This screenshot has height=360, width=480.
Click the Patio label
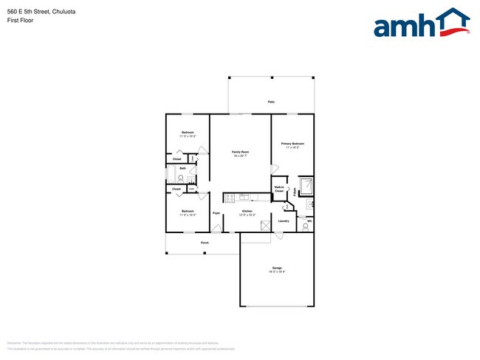271,102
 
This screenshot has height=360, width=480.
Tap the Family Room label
240,152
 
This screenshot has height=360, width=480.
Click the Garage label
276,268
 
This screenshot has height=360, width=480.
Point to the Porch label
205,243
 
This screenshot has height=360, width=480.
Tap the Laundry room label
283,221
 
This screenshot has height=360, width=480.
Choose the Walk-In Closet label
279,190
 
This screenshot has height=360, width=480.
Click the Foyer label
216,213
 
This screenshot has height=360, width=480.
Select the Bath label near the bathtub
182,168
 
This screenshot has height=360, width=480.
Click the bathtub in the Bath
171,176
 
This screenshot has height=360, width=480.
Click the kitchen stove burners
229,198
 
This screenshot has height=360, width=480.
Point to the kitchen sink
244,197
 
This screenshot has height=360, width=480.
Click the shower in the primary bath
306,185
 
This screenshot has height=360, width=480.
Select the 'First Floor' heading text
19,21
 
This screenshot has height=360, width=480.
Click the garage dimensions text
276,272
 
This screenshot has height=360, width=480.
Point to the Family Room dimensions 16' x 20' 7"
240,156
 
